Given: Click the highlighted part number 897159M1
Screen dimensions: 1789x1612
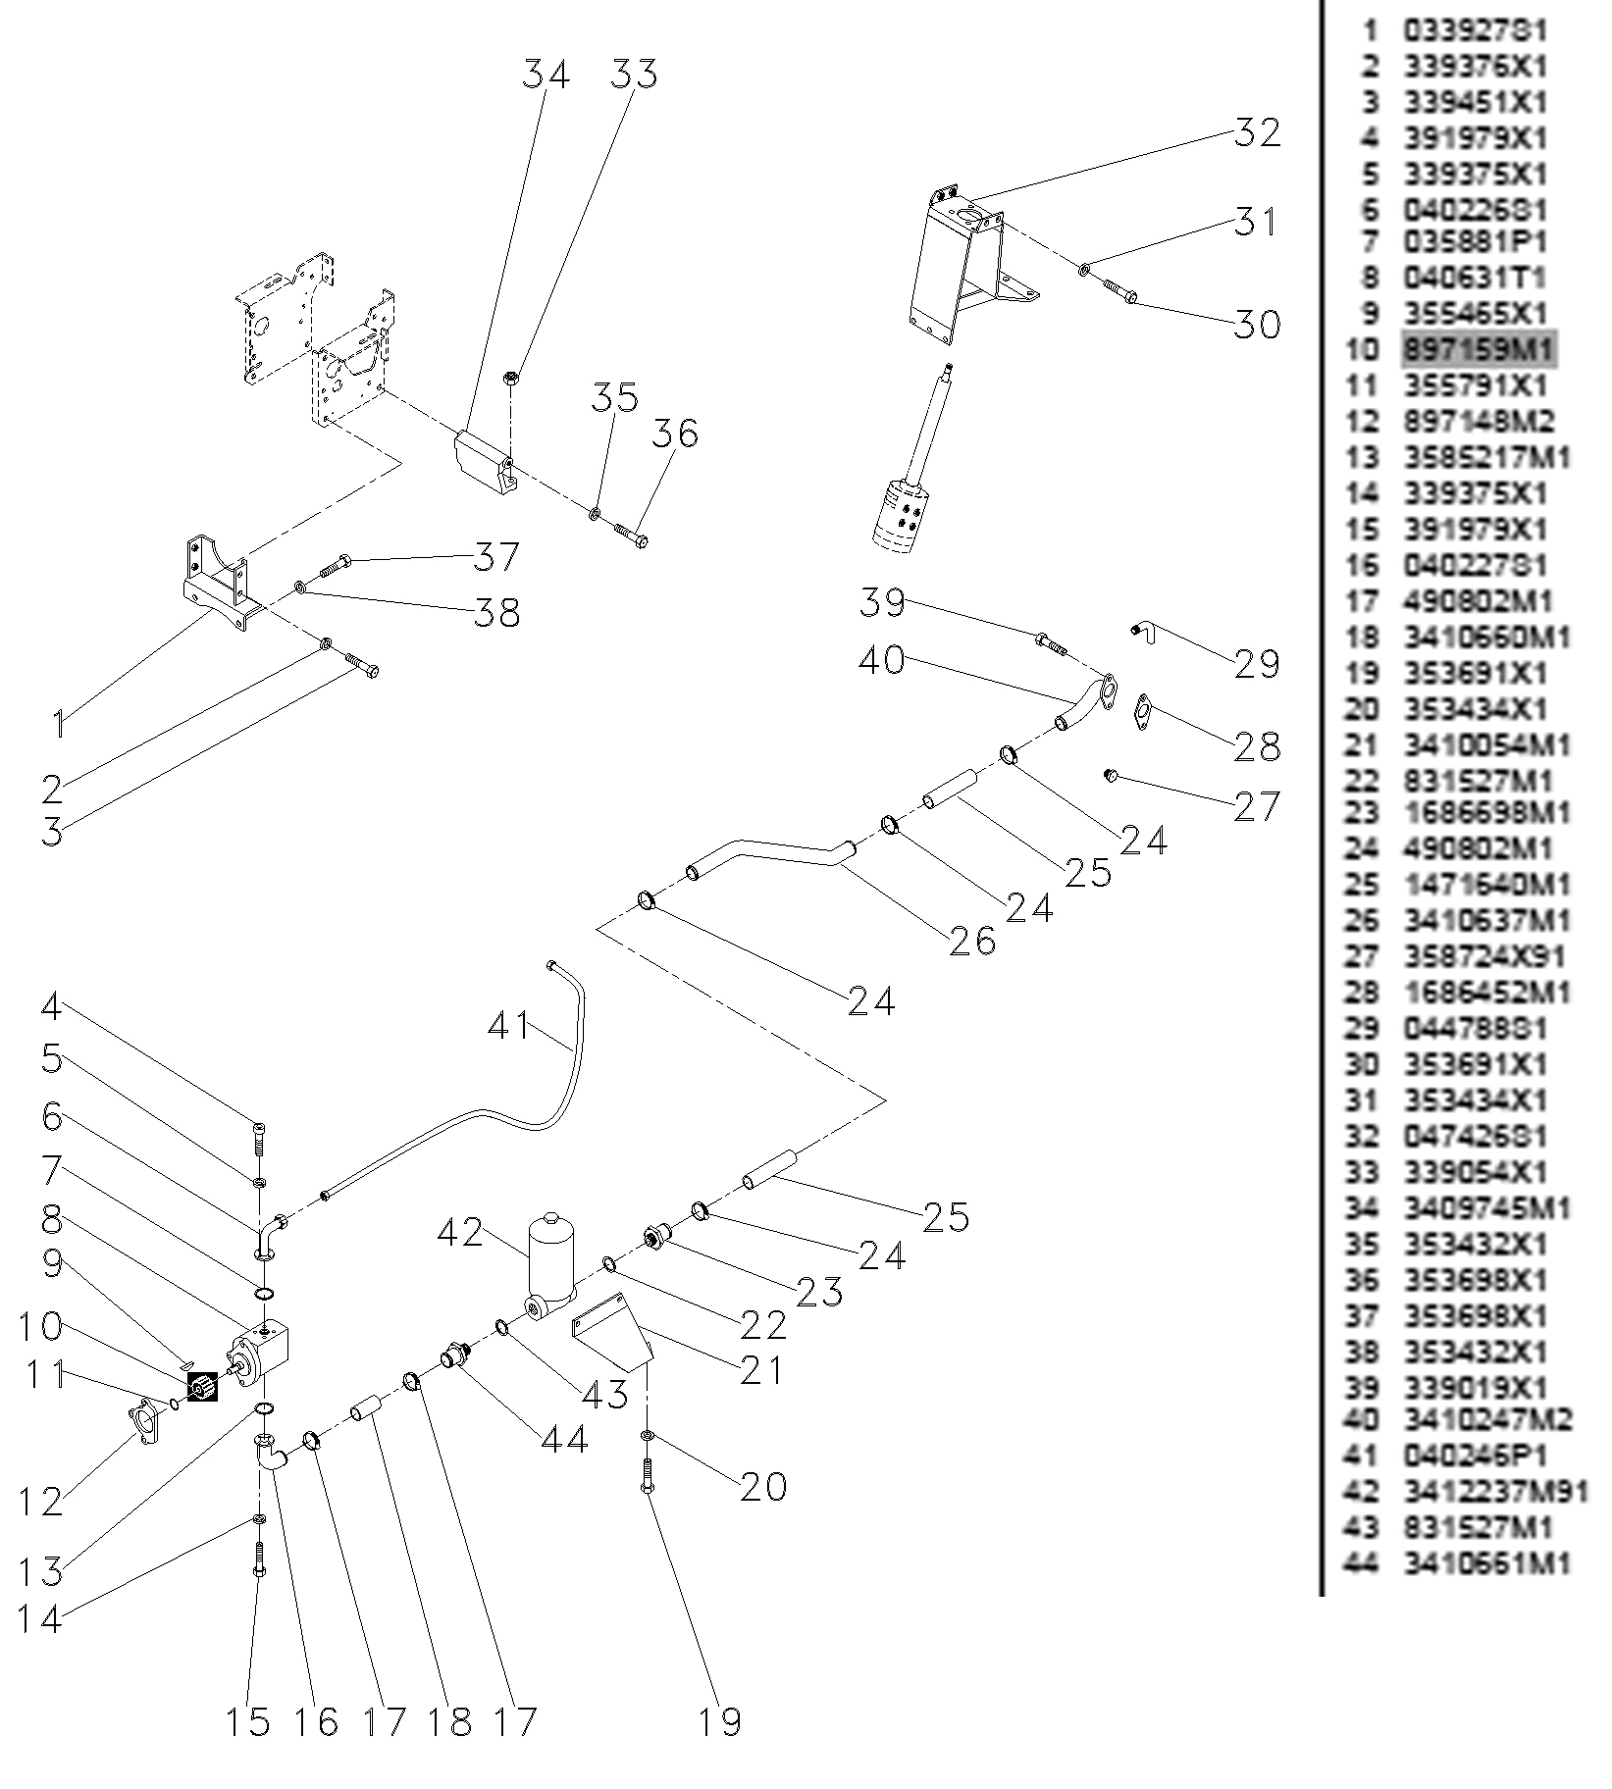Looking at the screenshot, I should (x=1478, y=350).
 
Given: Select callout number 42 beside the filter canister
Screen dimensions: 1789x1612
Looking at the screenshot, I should (x=460, y=1233).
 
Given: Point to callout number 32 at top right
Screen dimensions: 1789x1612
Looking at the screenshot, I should (x=1257, y=132).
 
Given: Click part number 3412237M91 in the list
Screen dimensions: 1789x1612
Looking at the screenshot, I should (x=1495, y=1492).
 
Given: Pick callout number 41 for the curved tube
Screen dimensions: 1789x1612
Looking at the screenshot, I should (x=509, y=1027).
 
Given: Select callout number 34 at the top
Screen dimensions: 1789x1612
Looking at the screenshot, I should (x=546, y=75).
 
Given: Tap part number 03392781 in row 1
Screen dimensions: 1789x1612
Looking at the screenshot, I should (x=1475, y=30).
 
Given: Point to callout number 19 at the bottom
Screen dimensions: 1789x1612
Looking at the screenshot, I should (x=720, y=1721).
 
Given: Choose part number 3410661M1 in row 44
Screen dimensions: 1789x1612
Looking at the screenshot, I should (x=1486, y=1563).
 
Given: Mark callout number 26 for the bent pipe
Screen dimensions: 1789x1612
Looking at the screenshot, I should (x=972, y=943).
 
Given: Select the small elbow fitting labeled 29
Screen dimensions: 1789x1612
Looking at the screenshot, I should (x=1145, y=633).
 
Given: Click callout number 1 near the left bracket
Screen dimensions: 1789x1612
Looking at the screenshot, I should (x=59, y=725).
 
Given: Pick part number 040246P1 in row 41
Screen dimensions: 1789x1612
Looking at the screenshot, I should (x=1466, y=1456).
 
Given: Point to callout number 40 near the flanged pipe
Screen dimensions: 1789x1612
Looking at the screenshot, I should (x=881, y=660).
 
